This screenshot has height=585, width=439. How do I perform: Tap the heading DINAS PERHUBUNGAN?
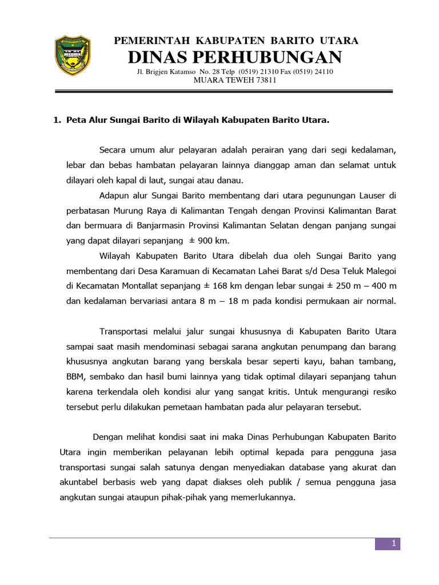tap(235, 57)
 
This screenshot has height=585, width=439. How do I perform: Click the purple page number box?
tap(388, 544)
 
